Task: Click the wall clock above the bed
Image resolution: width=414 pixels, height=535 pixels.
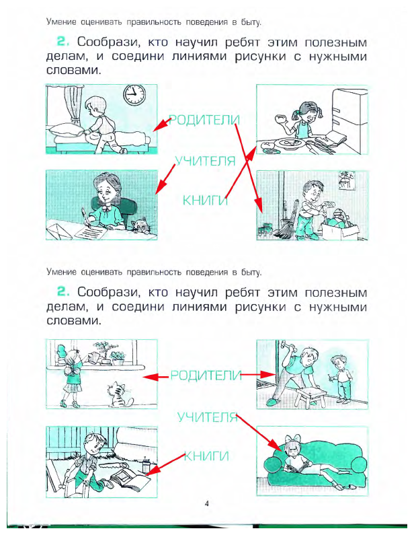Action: [x=134, y=94]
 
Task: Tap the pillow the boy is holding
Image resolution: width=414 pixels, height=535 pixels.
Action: [x=67, y=130]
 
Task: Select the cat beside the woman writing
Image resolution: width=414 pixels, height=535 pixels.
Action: [x=140, y=225]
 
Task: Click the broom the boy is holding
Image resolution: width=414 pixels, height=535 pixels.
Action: [x=286, y=222]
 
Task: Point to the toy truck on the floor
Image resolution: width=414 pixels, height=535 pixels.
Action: [x=265, y=230]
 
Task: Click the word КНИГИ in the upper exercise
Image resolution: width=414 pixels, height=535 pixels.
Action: [x=206, y=201]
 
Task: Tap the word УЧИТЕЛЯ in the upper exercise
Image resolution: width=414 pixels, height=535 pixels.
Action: [x=206, y=161]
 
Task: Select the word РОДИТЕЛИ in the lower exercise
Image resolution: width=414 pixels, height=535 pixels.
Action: [x=206, y=376]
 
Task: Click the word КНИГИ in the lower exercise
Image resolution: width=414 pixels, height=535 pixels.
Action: [x=206, y=456]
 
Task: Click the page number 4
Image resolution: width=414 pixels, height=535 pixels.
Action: [x=206, y=503]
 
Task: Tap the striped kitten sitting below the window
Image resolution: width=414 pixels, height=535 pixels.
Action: [x=120, y=395]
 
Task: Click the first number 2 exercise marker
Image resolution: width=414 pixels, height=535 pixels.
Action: [x=63, y=42]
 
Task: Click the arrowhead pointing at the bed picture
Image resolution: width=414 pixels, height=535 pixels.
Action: [x=159, y=125]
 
